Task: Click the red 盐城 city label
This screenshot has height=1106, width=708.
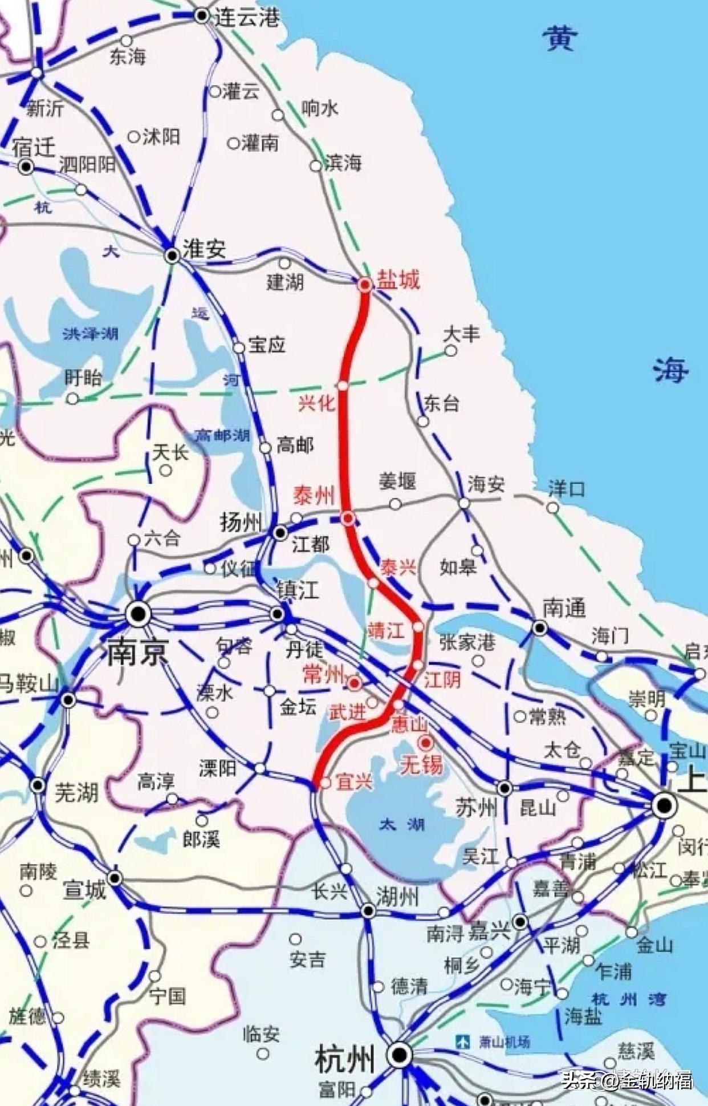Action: [398, 280]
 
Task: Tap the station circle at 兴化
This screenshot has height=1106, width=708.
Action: [343, 386]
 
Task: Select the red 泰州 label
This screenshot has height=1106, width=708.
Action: [314, 496]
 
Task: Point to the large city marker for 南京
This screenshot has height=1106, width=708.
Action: [138, 614]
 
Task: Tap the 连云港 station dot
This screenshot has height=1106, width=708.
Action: [202, 15]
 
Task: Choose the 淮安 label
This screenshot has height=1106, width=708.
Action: [204, 249]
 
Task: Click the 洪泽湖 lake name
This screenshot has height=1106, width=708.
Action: [91, 333]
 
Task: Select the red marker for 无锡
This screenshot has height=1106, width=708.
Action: [425, 743]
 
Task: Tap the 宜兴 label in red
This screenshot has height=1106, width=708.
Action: [354, 781]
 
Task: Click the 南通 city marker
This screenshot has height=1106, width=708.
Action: [539, 629]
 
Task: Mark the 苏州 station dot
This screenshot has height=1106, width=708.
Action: [504, 788]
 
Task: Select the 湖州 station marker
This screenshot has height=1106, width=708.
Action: [368, 911]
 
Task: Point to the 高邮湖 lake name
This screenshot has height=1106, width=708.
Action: [223, 436]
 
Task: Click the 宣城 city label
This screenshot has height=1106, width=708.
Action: [84, 890]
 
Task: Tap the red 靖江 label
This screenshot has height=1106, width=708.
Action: [386, 630]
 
